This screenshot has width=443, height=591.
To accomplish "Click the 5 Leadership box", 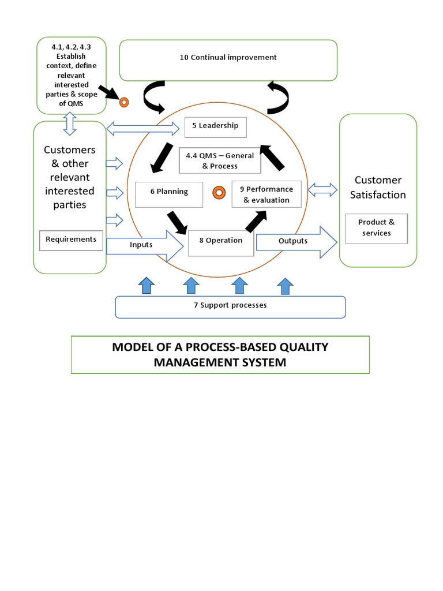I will [215, 127].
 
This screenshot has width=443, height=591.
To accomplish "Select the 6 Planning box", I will [169, 194].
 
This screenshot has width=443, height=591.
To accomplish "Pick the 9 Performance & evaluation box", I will [266, 194].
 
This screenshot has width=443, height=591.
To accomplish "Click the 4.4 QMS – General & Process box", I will [220, 161].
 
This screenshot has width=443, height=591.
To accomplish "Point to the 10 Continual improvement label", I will [228, 58].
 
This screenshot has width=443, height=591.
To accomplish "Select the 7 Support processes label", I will [230, 305].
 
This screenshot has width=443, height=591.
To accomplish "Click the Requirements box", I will [71, 240].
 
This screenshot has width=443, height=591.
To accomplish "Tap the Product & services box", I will [376, 228].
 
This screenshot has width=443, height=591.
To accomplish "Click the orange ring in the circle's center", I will [218, 192].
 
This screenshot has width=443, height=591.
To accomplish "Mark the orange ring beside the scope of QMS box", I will [123, 103].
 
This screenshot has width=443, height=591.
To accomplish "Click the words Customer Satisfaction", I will [378, 188].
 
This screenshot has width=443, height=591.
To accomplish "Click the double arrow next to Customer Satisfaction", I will [324, 189].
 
